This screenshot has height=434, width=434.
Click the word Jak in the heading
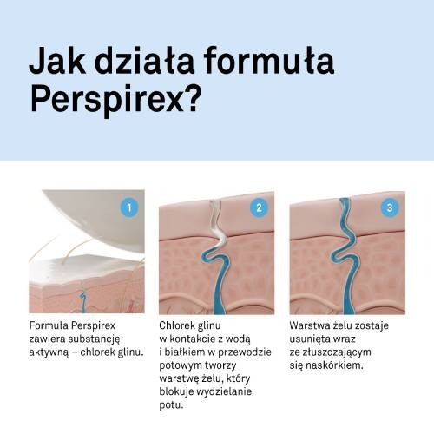(57, 61)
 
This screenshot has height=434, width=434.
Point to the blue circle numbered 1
(129, 207)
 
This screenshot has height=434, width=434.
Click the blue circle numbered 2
(260, 207)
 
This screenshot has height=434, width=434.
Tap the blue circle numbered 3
(390, 207)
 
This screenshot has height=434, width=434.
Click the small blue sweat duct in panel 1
(82, 302)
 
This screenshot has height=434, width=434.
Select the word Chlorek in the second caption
(173, 325)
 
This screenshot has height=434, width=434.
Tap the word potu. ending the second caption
(171, 405)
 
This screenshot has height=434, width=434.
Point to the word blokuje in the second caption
(176, 391)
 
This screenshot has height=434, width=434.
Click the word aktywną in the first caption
(49, 352)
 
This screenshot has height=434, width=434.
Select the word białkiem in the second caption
(182, 352)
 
